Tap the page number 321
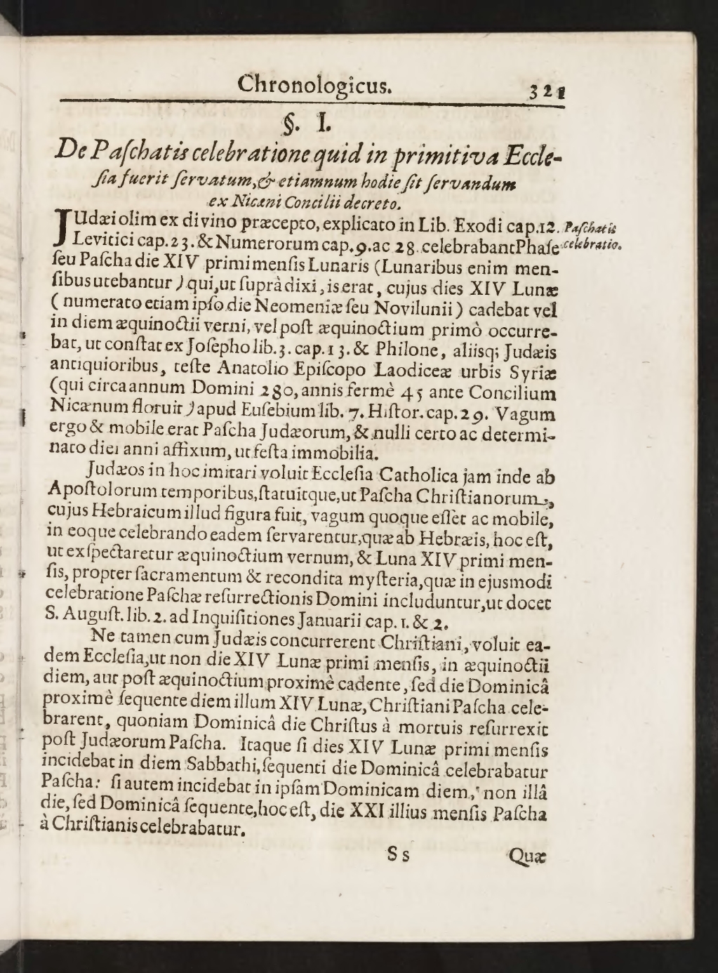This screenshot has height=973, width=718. point(548,91)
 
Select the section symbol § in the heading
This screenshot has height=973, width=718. point(288,124)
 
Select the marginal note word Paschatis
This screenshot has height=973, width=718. point(590,227)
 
